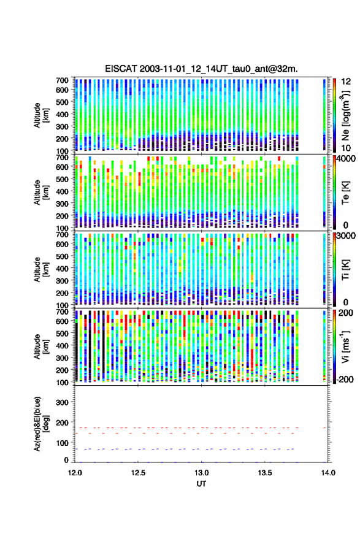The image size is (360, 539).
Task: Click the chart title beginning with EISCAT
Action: pyautogui.click(x=201, y=69)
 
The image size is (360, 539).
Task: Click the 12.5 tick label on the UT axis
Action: pyautogui.click(x=138, y=473)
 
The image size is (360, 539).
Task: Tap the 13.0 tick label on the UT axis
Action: pyautogui.click(x=202, y=473)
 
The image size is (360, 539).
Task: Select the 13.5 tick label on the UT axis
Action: pyautogui.click(x=265, y=473)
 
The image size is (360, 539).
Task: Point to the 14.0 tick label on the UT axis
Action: pyautogui.click(x=328, y=473)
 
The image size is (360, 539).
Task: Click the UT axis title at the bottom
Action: pyautogui.click(x=202, y=484)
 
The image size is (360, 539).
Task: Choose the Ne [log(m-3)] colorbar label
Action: pyautogui.click(x=345, y=116)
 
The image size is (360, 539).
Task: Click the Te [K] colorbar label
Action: pyautogui.click(x=345, y=193)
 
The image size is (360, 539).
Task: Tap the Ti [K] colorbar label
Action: pyautogui.click(x=345, y=270)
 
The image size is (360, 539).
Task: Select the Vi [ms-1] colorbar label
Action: pyautogui.click(x=345, y=346)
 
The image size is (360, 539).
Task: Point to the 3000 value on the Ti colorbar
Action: pyautogui.click(x=347, y=236)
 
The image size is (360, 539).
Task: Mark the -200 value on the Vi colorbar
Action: pyautogui.click(x=345, y=380)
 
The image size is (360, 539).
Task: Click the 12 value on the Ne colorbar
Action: pyautogui.click(x=347, y=82)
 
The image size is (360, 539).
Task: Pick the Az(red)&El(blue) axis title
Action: pyautogui.click(x=41, y=424)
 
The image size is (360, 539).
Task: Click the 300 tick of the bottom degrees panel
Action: pyautogui.click(x=62, y=402)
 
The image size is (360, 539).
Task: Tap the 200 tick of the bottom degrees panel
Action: pyautogui.click(x=62, y=422)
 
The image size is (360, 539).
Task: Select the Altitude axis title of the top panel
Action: pyautogui.click(x=41, y=115)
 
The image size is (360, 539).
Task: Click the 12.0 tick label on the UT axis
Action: pyautogui.click(x=75, y=473)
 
